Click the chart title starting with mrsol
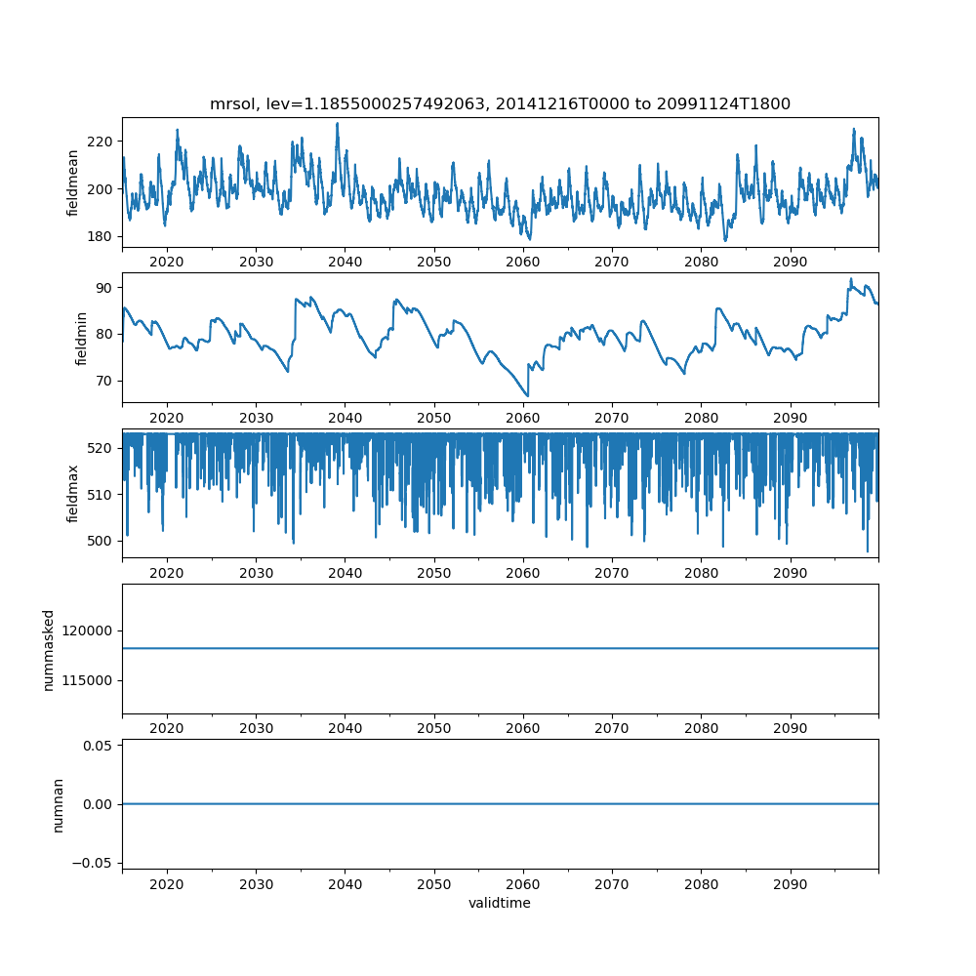[x=500, y=103]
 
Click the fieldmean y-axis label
[x=73, y=183]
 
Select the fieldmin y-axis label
[x=80, y=339]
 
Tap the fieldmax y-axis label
[x=73, y=494]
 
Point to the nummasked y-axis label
[x=49, y=650]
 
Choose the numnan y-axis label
[x=58, y=805]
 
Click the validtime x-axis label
[x=500, y=903]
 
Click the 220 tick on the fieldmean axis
[x=100, y=142]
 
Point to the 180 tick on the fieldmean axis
[x=100, y=236]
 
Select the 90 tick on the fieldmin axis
[x=104, y=288]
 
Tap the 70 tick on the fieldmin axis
[x=104, y=381]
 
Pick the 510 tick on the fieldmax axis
[x=100, y=495]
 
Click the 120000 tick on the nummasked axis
[x=87, y=631]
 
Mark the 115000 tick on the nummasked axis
[x=87, y=681]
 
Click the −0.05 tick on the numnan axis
[x=93, y=863]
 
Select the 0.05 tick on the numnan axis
[x=98, y=746]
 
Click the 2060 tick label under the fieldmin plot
[x=523, y=418]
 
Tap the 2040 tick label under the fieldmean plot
[x=345, y=262]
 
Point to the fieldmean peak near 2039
[x=338, y=123]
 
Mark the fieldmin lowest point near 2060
[x=528, y=396]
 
